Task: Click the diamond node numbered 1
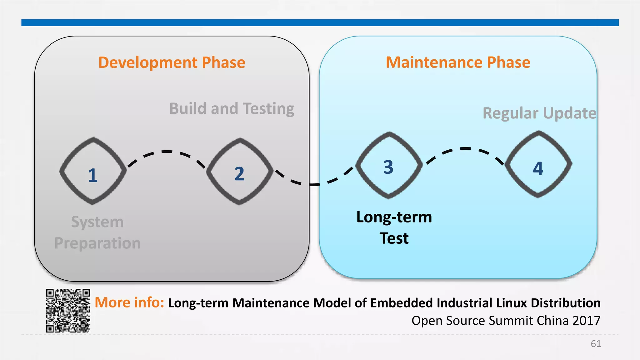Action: click(x=93, y=171)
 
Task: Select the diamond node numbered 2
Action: click(x=239, y=171)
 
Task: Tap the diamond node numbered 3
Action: click(x=389, y=165)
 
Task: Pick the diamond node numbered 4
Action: click(x=538, y=164)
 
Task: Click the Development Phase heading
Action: click(x=172, y=62)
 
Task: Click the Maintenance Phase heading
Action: click(x=458, y=62)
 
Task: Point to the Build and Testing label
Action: click(x=232, y=109)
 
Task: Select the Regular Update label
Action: click(x=539, y=113)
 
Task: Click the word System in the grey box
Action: click(x=97, y=222)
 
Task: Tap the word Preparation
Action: click(x=97, y=243)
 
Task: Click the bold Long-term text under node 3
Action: click(x=394, y=217)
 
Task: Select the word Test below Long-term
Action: click(x=394, y=238)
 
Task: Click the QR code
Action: click(x=68, y=310)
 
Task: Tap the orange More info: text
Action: click(x=129, y=302)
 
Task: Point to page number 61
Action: click(x=596, y=344)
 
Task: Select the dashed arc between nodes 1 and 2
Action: click(x=167, y=152)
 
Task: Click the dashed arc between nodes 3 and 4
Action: click(x=466, y=149)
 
